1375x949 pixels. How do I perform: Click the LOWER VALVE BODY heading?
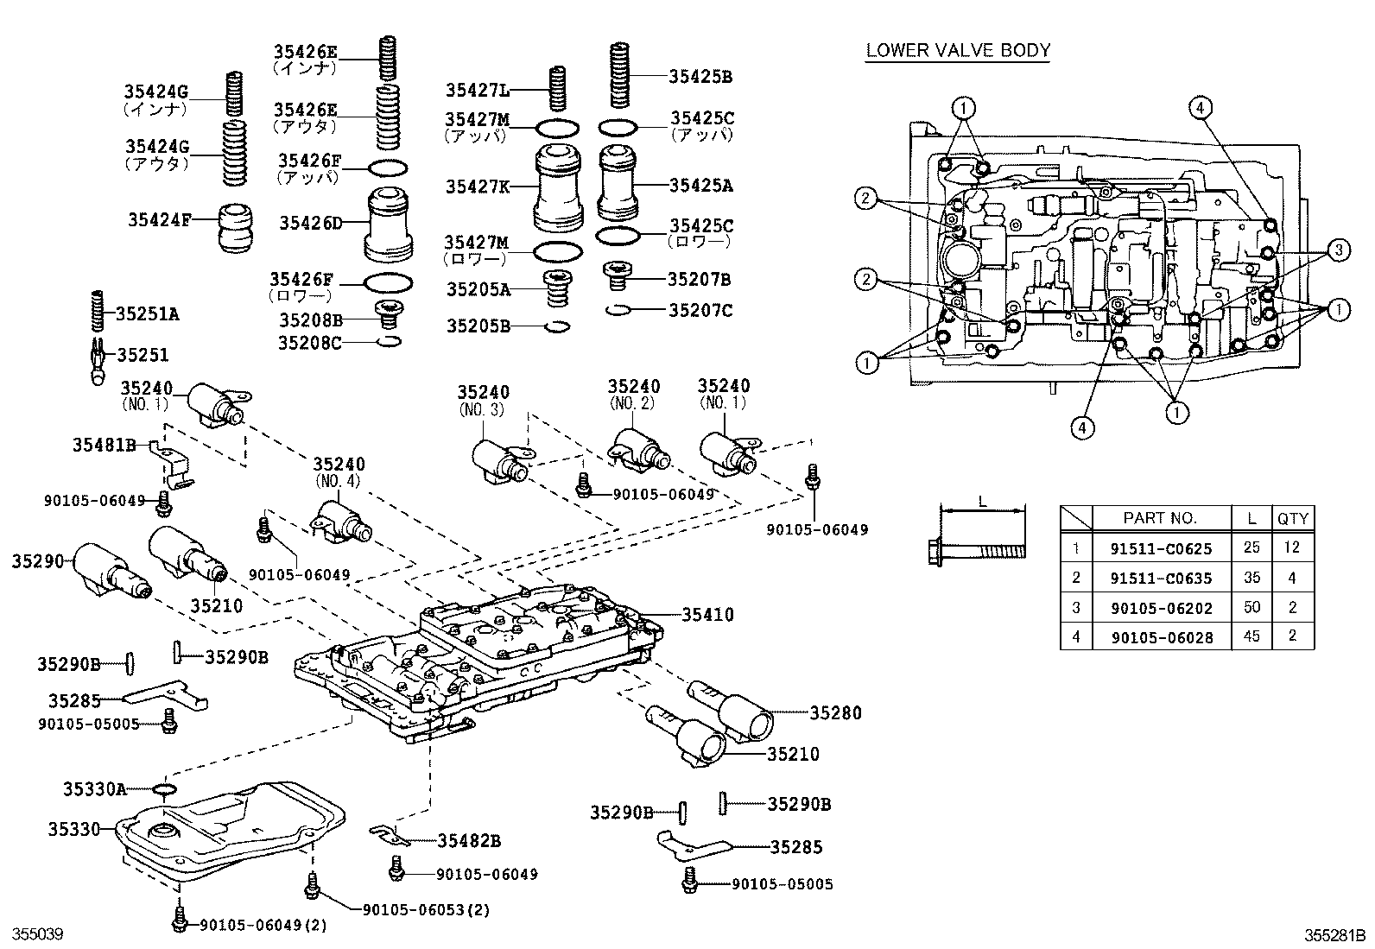pyautogui.click(x=958, y=50)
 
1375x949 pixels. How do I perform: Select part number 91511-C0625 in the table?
pyautogui.click(x=1161, y=547)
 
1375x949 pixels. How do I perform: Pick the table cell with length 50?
pyautogui.click(x=1251, y=607)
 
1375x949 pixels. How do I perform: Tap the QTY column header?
pyautogui.click(x=1293, y=518)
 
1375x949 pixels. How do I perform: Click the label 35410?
pyautogui.click(x=707, y=615)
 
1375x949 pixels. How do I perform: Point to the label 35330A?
pyautogui.click(x=95, y=788)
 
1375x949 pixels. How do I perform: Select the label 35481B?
pyautogui.click(x=104, y=445)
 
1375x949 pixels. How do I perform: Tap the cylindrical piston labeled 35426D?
pyautogui.click(x=390, y=223)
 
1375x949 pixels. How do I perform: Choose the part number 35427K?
pyautogui.click(x=478, y=185)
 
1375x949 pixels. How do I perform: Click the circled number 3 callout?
pyautogui.click(x=1337, y=250)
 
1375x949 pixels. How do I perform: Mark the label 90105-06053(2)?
pyautogui.click(x=427, y=909)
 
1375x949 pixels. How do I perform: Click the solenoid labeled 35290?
pyautogui.click(x=107, y=570)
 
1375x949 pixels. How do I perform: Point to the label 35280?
pyautogui.click(x=835, y=712)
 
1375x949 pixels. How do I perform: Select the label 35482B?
pyautogui.click(x=469, y=840)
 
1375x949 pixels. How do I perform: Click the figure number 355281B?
pyautogui.click(x=1334, y=934)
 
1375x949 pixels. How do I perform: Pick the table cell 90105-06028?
pyautogui.click(x=1161, y=637)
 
